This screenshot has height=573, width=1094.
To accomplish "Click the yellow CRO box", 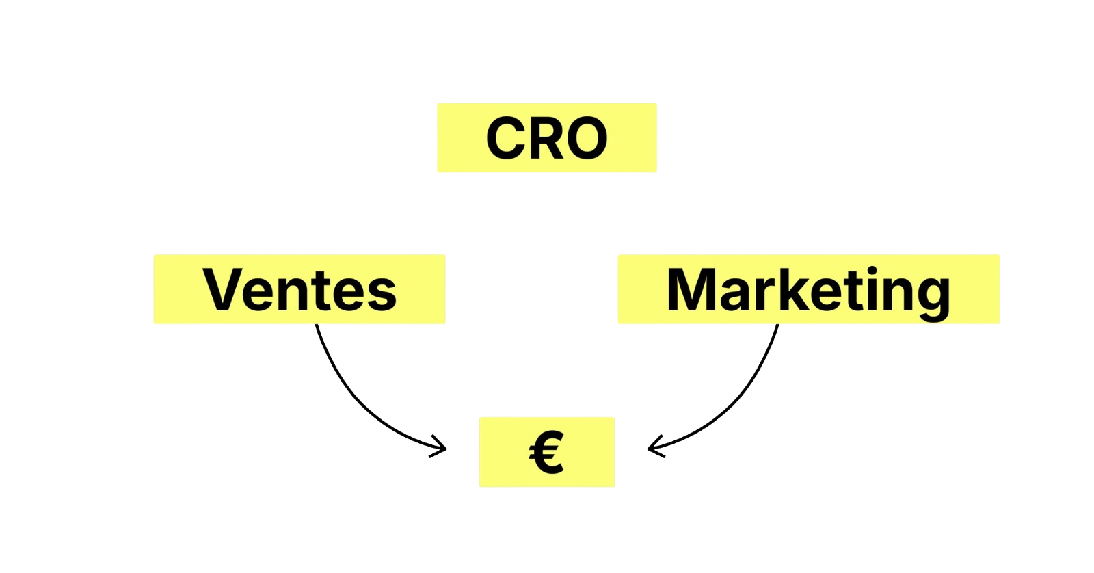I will click(x=546, y=137).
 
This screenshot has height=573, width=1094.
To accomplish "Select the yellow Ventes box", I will click(x=299, y=289).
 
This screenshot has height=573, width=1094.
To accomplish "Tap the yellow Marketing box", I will click(x=808, y=289).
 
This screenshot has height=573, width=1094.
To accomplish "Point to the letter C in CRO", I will click(x=508, y=138).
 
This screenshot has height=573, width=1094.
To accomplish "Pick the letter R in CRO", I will click(x=548, y=138).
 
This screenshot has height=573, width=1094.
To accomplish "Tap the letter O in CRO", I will click(x=586, y=138).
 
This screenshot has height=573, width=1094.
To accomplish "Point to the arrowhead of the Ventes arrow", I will click(x=441, y=449).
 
